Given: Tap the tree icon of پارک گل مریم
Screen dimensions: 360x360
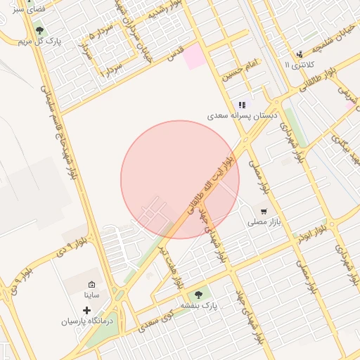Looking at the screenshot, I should point(39,31).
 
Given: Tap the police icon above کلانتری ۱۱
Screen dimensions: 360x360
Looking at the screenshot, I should point(300,53).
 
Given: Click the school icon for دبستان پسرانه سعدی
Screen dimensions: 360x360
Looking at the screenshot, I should point(243,105).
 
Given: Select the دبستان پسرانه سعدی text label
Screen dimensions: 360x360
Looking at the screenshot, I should point(243,115).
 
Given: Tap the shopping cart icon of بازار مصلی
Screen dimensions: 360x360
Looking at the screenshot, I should point(264,210).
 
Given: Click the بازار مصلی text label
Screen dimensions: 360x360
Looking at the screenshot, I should point(264,221).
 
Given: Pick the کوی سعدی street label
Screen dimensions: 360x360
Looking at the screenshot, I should point(156,321).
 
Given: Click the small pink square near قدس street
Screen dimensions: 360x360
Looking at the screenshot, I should point(195,59).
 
